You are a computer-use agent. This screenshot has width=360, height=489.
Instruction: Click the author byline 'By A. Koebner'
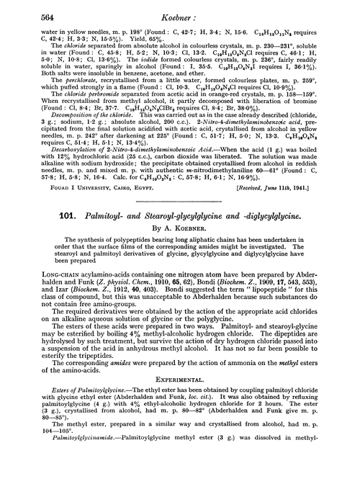click(179, 235)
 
